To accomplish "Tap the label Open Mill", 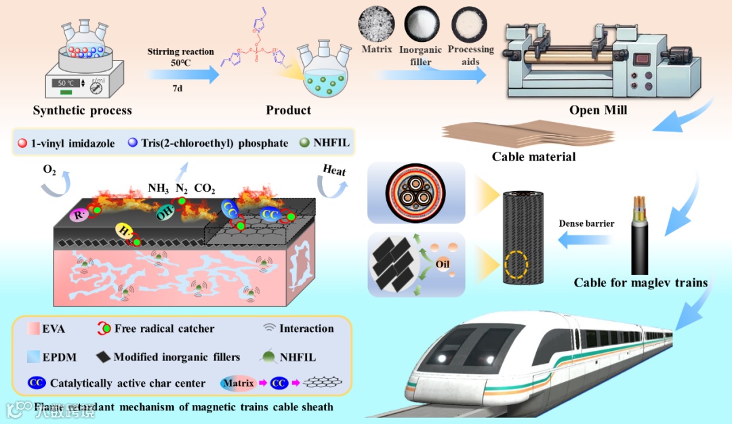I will [597, 110].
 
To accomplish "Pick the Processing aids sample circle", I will [469, 24].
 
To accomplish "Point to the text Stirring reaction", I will [180, 51].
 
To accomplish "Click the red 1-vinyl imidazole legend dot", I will [22, 143].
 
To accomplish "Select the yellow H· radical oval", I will [124, 231].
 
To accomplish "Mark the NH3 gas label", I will [158, 188].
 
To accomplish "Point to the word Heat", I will [334, 171].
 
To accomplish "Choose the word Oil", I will [443, 263].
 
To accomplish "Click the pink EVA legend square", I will [29, 329].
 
